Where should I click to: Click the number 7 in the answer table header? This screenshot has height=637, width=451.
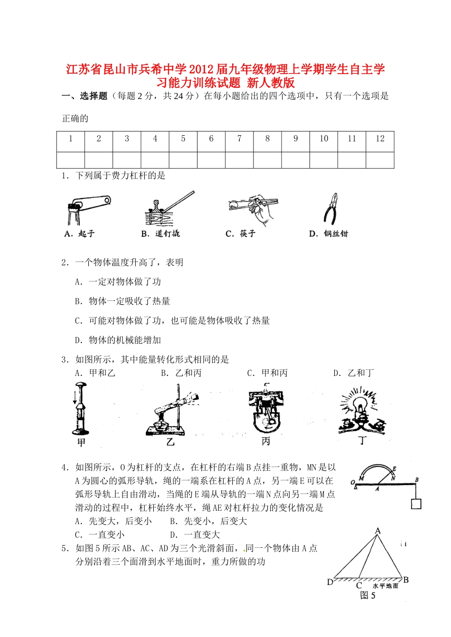239,139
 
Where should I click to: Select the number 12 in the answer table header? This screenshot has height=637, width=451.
380,139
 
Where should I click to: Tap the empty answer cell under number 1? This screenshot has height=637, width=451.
71,160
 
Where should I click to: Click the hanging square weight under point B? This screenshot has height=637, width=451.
416,503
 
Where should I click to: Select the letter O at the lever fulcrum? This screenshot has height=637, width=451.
353,483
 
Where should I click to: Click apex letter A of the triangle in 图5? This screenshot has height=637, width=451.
378,531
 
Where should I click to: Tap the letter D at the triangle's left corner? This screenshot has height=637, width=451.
330,582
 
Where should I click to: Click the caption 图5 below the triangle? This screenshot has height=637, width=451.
367,595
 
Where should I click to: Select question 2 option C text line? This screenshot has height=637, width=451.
172,321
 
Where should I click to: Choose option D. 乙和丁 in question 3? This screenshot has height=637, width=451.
354,373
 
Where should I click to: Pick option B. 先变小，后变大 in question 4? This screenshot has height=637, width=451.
209,521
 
